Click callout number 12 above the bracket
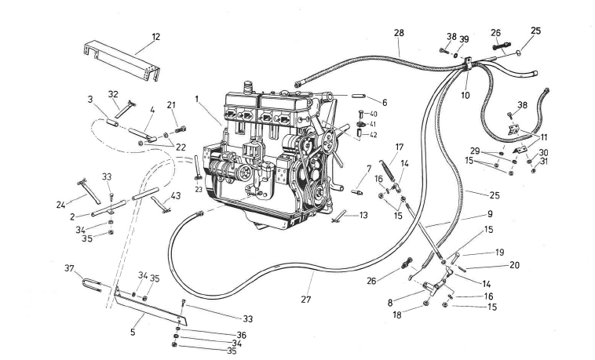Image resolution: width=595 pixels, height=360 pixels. (x=155, y=38)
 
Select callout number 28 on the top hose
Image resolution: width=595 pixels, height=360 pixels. (x=399, y=32)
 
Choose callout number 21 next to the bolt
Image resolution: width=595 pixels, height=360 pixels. (x=172, y=105)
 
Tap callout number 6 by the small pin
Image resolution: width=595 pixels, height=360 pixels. (x=384, y=102)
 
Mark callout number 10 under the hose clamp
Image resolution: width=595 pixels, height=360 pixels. (x=466, y=95)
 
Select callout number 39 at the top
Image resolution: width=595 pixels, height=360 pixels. (x=464, y=38)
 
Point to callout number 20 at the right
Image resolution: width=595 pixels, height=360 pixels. (x=514, y=265)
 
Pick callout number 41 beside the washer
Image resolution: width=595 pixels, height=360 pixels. (x=374, y=125)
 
